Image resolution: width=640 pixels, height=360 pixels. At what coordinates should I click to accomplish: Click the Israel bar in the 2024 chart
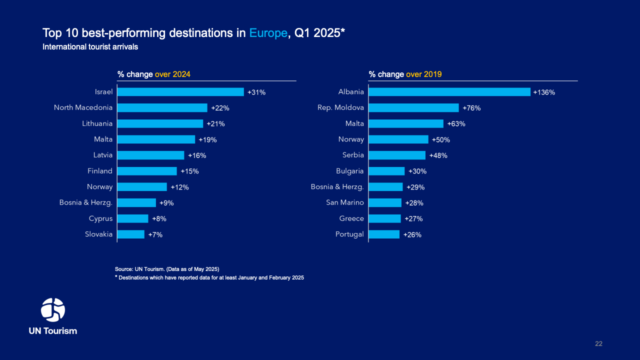point(180,92)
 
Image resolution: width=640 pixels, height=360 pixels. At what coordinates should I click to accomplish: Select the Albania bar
point(449,92)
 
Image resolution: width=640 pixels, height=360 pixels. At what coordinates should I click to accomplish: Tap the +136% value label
point(544,92)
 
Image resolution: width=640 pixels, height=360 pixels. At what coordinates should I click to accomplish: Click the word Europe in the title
point(268,33)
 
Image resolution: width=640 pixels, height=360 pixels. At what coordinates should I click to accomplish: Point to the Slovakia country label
point(98,234)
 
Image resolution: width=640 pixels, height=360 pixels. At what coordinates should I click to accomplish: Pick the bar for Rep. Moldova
point(413,107)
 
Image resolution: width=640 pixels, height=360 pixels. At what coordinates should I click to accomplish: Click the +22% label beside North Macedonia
point(220,108)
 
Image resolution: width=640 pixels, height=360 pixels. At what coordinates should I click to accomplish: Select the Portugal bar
point(384,234)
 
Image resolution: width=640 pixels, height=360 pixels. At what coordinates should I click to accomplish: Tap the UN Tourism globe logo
point(53,310)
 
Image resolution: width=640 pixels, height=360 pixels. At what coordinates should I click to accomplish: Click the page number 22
point(598,343)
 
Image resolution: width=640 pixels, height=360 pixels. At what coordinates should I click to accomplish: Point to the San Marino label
point(345,202)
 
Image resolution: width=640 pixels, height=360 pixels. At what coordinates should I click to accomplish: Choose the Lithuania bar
point(160,123)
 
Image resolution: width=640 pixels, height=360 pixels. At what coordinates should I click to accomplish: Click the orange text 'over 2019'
point(423,74)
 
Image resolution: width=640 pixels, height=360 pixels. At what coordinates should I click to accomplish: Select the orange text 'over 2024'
point(172,74)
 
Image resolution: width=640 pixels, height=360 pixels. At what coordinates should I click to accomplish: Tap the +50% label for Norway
point(440,139)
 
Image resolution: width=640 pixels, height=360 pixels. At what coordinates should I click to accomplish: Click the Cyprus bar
point(133,218)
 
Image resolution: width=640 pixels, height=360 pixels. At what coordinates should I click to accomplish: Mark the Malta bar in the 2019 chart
point(406,123)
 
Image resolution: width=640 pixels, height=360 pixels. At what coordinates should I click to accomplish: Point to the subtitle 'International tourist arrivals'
point(90,47)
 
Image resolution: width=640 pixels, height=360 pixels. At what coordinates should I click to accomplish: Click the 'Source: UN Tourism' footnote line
point(167,269)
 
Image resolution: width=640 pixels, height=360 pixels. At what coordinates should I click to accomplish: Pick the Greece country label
point(351,218)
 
